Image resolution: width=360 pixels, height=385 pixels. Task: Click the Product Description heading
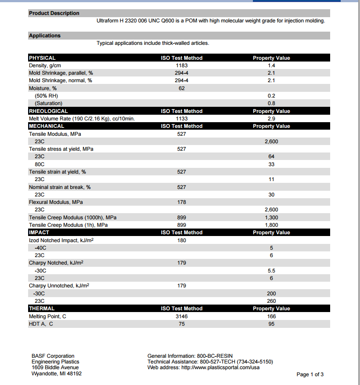click(54, 13)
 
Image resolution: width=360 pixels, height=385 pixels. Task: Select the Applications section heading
click(45, 36)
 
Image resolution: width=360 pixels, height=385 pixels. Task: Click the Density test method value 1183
click(182, 65)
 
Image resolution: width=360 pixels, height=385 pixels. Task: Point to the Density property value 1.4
click(271, 65)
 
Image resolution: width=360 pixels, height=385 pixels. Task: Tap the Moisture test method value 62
click(182, 88)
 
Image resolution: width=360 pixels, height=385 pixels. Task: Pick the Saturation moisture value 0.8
click(271, 103)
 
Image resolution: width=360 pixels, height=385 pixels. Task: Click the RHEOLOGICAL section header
click(48, 111)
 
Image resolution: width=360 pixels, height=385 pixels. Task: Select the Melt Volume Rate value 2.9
click(271, 119)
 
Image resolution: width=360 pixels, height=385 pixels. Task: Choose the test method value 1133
click(182, 119)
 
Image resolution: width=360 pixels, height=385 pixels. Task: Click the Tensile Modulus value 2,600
click(271, 142)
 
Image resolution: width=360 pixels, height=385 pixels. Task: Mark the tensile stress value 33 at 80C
click(271, 164)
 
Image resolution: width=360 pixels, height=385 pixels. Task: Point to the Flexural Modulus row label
click(56, 202)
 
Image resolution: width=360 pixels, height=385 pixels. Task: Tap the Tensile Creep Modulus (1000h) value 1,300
click(271, 218)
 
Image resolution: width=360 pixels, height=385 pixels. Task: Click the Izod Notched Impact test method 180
click(182, 240)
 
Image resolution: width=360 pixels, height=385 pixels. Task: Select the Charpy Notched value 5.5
click(271, 271)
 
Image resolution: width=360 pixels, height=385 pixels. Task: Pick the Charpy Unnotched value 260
click(271, 301)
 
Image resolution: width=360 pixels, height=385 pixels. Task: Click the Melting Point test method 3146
click(182, 316)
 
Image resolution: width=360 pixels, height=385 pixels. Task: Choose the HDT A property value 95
click(271, 324)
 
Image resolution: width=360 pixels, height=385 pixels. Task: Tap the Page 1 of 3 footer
click(310, 374)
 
